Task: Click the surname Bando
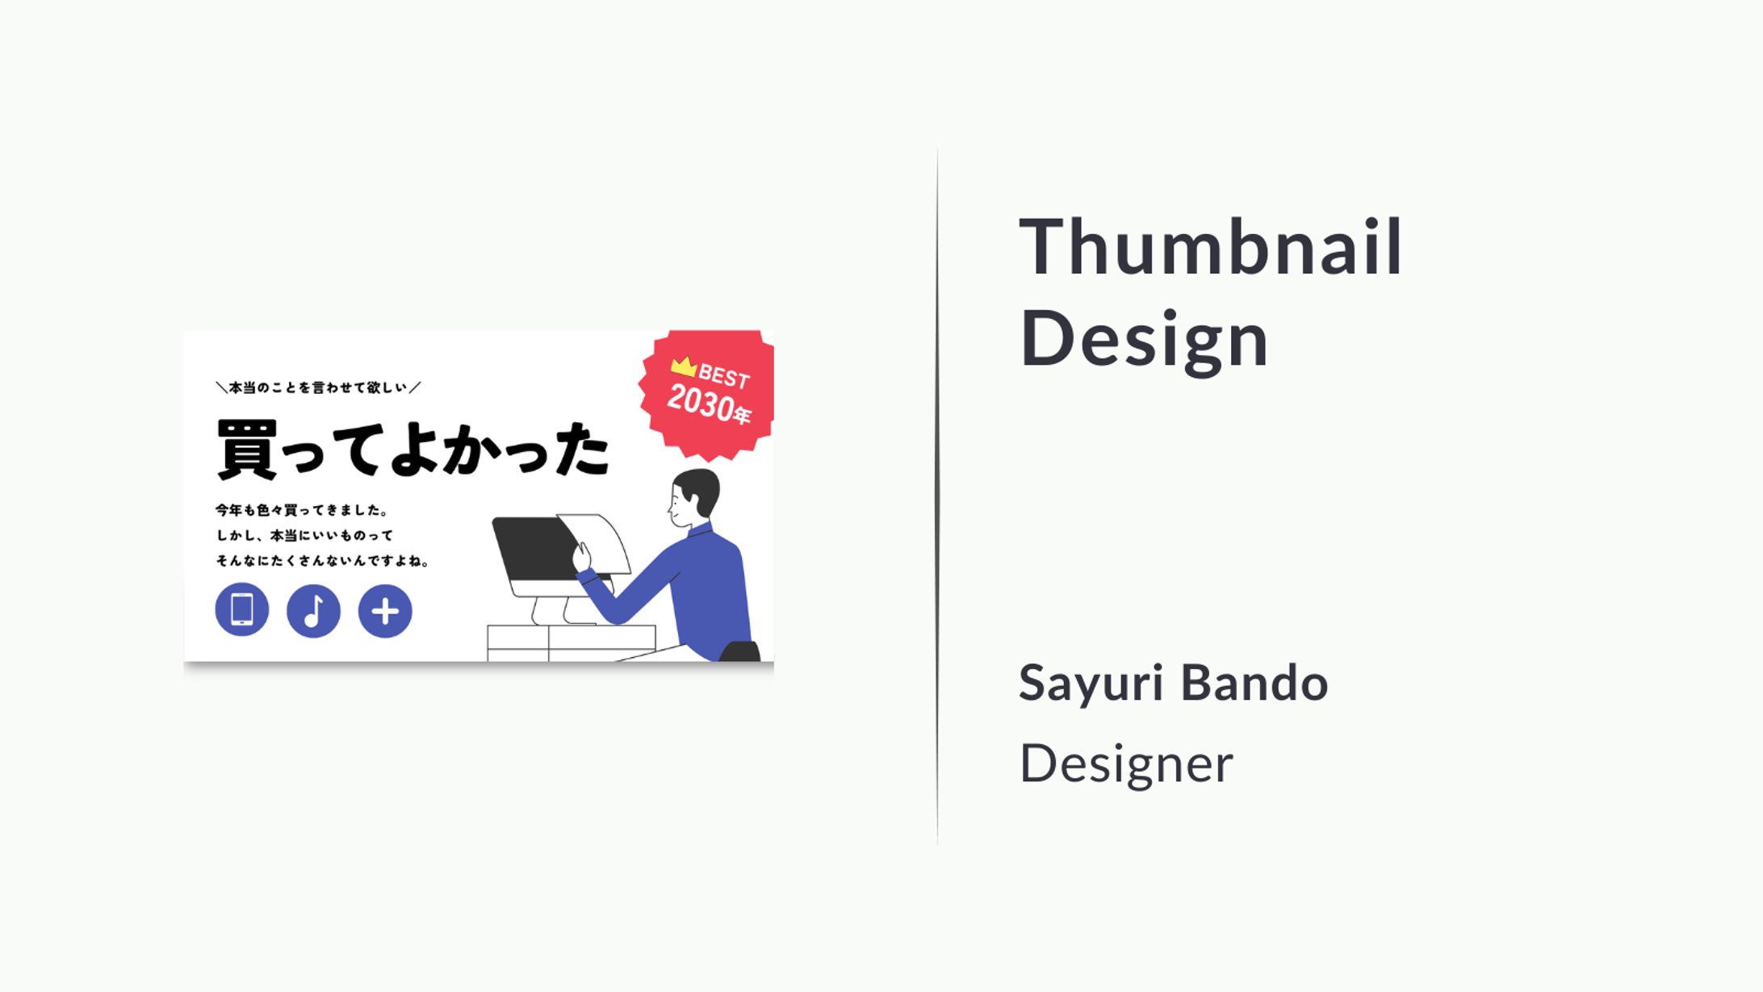coord(1254,682)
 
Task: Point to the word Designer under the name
coord(1126,764)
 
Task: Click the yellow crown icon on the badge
coord(683,366)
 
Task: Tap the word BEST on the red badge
coord(724,376)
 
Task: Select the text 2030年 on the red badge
coord(709,404)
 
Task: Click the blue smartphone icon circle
coord(242,609)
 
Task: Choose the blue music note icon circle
coord(313,611)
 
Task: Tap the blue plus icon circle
coord(385,611)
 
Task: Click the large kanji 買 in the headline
coord(247,450)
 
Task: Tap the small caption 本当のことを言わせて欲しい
coord(318,387)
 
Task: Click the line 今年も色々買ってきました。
coord(302,510)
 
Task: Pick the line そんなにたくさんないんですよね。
coord(322,560)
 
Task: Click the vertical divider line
coord(937,496)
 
